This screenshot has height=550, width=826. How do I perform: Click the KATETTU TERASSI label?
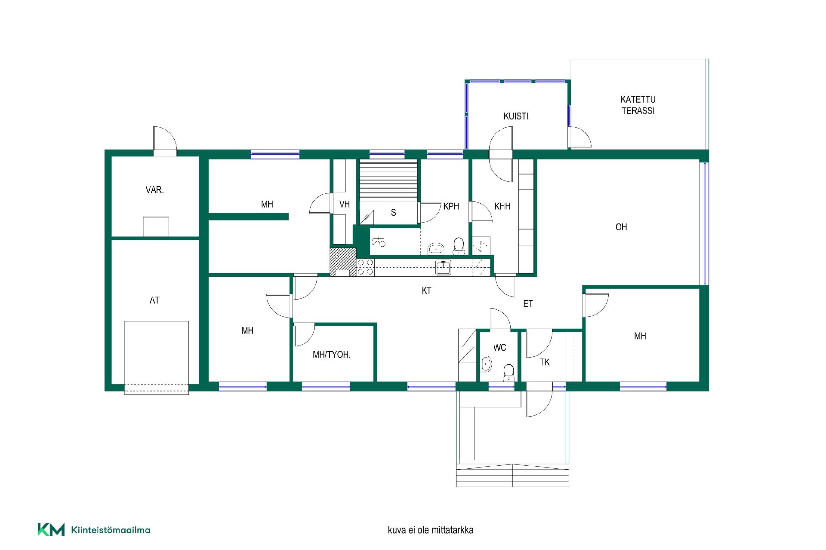pos(638,105)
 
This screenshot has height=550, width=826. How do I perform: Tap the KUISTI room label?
pos(516,116)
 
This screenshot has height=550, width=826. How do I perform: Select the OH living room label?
pos(621,227)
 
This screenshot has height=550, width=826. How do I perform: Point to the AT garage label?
pos(154,300)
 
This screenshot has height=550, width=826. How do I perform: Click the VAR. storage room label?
pos(154,189)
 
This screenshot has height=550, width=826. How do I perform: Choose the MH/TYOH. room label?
pos(331,355)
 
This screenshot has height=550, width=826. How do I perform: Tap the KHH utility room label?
pos(502,206)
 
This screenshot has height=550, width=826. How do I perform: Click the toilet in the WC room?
pos(509,372)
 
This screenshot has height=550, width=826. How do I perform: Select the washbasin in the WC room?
pos(486,364)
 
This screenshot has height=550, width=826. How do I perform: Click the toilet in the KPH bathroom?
pos(459,246)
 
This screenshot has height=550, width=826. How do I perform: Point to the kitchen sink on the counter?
pos(443,267)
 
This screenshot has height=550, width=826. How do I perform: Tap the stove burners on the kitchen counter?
pos(365,267)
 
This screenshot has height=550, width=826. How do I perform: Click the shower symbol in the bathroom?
pos(379,242)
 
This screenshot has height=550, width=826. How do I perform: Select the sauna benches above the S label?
pos(388,178)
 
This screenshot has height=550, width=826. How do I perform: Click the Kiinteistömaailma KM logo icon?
pos(51,529)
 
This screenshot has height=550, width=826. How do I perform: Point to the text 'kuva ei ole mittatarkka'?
pos(431,530)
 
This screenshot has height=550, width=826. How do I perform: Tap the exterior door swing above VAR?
pos(165,138)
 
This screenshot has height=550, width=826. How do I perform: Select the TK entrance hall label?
pos(545,362)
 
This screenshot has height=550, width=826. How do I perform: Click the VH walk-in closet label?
pos(344,205)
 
